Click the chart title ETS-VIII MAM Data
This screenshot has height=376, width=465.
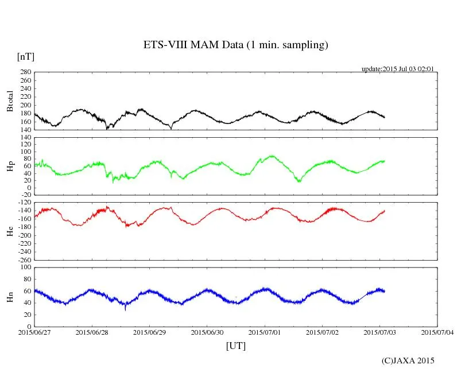pyautogui.click(x=235, y=45)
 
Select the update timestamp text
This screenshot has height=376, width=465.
pyautogui.click(x=397, y=69)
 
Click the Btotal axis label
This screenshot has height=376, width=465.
pyautogui.click(x=10, y=101)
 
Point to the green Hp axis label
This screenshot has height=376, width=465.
pyautogui.click(x=10, y=167)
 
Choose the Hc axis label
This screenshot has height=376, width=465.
pyautogui.click(x=10, y=231)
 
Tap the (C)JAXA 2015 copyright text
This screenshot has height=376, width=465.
pyautogui.click(x=408, y=361)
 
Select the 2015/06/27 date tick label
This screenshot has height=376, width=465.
pyautogui.click(x=34, y=332)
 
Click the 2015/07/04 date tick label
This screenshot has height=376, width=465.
pyautogui.click(x=437, y=332)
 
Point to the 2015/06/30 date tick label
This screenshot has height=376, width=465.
pyautogui.click(x=207, y=332)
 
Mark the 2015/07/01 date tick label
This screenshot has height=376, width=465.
pyautogui.click(x=265, y=332)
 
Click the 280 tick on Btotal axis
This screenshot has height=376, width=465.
pyautogui.click(x=25, y=72)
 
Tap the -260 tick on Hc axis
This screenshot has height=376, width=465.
pyautogui.click(x=23, y=260)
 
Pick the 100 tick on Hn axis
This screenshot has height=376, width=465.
pyautogui.click(x=25, y=268)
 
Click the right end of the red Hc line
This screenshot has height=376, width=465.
pyautogui.click(x=385, y=211)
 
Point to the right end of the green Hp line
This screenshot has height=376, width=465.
pyautogui.click(x=385, y=161)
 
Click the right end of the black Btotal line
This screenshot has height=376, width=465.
pyautogui.click(x=385, y=117)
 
